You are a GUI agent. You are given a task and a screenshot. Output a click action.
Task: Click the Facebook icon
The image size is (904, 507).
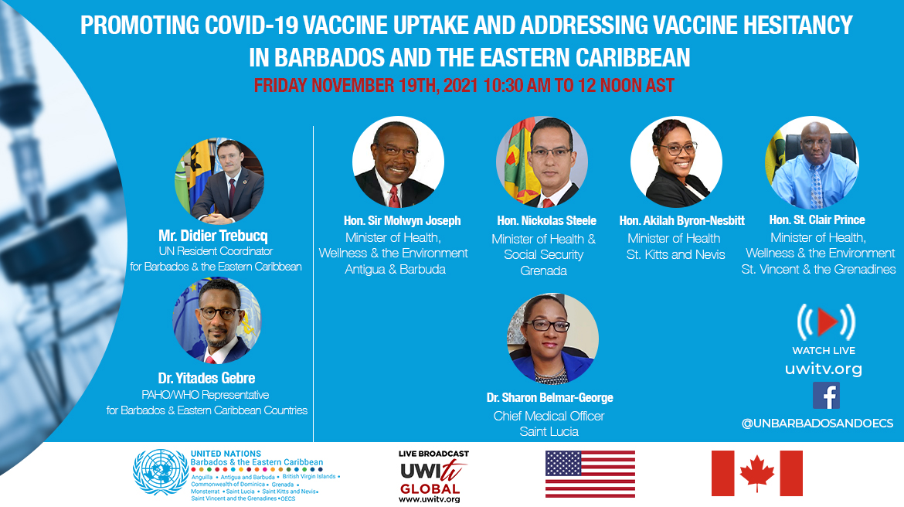click(826, 396)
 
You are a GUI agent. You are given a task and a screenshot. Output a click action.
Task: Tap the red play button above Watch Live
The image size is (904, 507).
click(827, 322)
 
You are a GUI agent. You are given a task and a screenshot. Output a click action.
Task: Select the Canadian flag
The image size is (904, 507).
click(756, 473)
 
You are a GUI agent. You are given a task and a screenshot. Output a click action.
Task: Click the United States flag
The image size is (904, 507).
click(590, 474)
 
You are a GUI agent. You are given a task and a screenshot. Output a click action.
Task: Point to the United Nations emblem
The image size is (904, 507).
click(160, 472)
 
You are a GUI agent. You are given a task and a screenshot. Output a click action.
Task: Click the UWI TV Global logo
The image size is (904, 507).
click(433, 476)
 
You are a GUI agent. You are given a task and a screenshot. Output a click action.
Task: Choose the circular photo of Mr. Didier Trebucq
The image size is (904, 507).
click(219, 181)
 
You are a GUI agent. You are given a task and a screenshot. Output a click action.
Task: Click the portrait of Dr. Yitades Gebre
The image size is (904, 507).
click(217, 321)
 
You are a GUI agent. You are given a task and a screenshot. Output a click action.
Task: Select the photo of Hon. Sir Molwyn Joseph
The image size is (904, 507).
click(398, 162)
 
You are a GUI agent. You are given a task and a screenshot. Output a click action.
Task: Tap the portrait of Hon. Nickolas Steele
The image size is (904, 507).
click(542, 162)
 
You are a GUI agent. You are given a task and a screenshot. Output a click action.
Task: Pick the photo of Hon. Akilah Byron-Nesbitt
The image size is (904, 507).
click(676, 162)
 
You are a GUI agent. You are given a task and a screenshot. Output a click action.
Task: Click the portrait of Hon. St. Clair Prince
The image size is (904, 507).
click(812, 162)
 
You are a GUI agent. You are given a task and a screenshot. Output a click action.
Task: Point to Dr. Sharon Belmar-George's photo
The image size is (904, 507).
click(552, 339)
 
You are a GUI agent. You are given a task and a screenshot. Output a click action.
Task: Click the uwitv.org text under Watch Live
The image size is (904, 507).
click(824, 369)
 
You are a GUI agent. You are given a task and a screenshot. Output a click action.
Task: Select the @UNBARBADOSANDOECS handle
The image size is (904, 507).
click(817, 424)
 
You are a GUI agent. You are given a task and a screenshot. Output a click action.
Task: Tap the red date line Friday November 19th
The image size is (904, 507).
click(464, 85)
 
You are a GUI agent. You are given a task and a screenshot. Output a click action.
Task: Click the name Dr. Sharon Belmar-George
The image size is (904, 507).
click(549, 397)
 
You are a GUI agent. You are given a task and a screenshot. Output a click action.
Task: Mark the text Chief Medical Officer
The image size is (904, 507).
click(549, 416)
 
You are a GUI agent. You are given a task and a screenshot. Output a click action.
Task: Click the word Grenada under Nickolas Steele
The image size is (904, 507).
click(544, 271)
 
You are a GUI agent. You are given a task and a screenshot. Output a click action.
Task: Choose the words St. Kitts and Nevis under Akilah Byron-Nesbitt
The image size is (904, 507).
click(676, 254)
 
